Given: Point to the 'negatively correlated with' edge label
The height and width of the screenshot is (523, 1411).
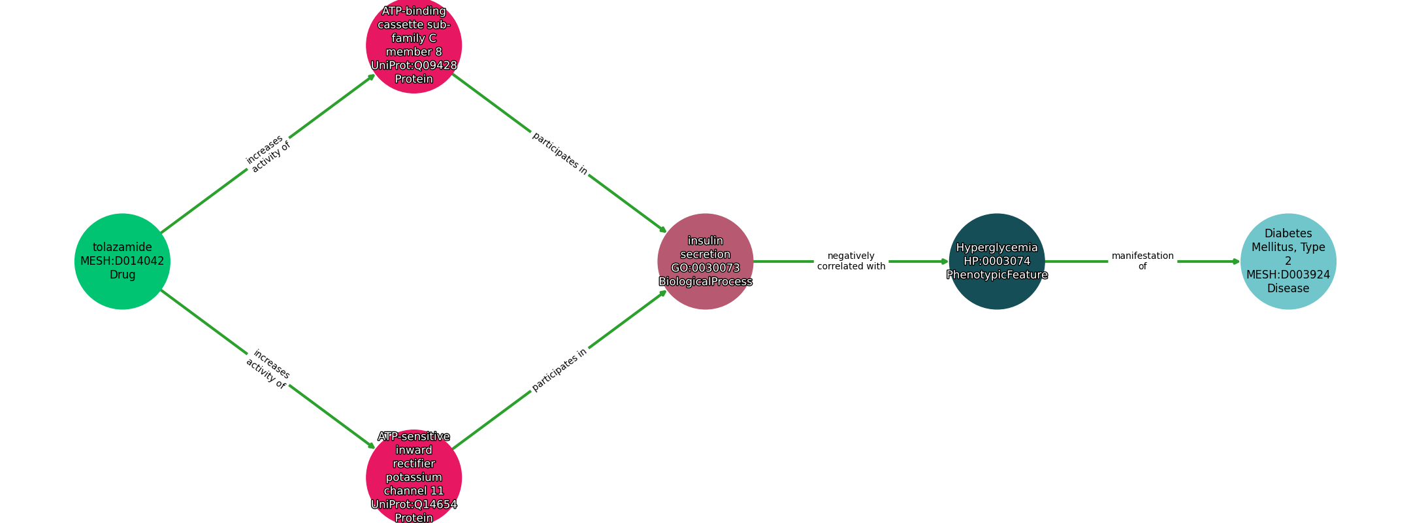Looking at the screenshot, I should point(851,261).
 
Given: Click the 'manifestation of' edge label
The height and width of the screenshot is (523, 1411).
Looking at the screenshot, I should point(1143,261).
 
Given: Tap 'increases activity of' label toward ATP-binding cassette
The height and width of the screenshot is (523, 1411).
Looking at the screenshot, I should point(268,154).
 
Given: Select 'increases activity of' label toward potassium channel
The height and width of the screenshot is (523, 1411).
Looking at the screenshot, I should point(268,369).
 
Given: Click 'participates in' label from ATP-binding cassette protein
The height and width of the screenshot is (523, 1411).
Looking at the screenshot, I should point(560,154).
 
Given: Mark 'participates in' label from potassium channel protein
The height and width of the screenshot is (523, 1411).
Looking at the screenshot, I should point(560,369).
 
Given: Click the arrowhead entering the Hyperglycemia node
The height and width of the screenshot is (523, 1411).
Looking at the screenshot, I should point(945,261).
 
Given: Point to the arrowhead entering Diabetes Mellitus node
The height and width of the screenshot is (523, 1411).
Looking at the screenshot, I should point(1236,261).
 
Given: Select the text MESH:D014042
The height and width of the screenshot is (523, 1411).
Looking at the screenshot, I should point(122,261).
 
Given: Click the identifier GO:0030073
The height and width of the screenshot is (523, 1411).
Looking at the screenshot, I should point(705,268).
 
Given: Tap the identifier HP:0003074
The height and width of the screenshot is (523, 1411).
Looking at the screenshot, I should point(997,261).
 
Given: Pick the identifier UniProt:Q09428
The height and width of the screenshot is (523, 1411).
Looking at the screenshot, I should point(414,65).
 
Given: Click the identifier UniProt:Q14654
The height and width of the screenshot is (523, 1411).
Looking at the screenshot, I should point(414,504).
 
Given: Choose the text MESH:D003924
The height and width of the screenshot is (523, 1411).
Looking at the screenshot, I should point(1288,275).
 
